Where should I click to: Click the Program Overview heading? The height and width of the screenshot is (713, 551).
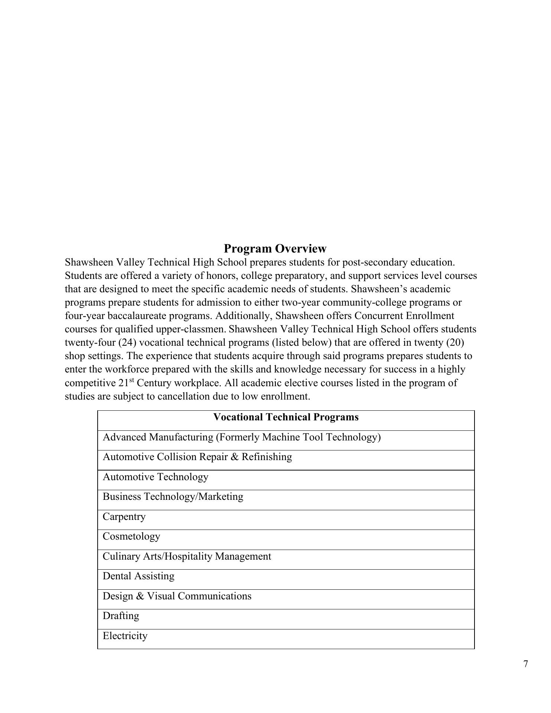(275, 248)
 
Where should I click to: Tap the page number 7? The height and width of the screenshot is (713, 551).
(526, 664)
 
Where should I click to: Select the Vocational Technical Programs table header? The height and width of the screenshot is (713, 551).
(286, 417)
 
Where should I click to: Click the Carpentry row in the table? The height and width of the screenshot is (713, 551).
(124, 517)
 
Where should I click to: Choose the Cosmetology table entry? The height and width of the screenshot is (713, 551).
(131, 536)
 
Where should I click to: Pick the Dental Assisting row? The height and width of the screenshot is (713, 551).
(138, 576)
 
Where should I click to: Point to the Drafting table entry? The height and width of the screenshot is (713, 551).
(121, 616)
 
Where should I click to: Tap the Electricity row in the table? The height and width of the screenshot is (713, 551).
(125, 636)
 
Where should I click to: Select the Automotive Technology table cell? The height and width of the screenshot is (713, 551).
(156, 477)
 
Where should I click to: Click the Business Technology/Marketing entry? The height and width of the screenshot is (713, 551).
(173, 497)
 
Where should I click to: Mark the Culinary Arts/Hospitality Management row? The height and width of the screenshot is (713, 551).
(187, 556)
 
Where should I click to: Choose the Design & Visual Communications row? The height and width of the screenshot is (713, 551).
(177, 596)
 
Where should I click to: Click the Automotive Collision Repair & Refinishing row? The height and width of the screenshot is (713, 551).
(197, 457)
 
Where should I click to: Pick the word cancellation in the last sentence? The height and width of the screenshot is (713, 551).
(184, 396)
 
